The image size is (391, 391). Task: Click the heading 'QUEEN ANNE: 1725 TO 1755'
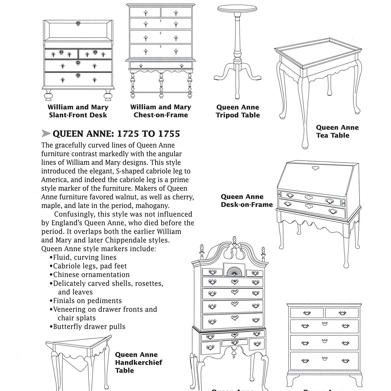pyautogui.click(x=116, y=134)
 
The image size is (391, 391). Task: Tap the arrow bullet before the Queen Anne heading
pyautogui.click(x=46, y=134)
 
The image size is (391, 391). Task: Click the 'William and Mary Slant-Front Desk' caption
pyautogui.click(x=78, y=111)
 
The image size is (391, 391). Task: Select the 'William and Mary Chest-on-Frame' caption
pyautogui.click(x=161, y=111)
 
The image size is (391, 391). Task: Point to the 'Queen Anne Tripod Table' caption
pyautogui.click(x=238, y=111)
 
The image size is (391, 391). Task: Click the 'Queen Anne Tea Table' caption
pyautogui.click(x=337, y=131)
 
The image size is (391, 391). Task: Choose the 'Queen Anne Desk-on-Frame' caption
pyautogui.click(x=246, y=201)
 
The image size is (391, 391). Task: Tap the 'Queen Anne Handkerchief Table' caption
pyautogui.click(x=138, y=362)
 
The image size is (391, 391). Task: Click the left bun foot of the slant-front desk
pyautogui.click(x=48, y=96)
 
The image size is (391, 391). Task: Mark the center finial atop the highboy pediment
pyautogui.click(x=234, y=241)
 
